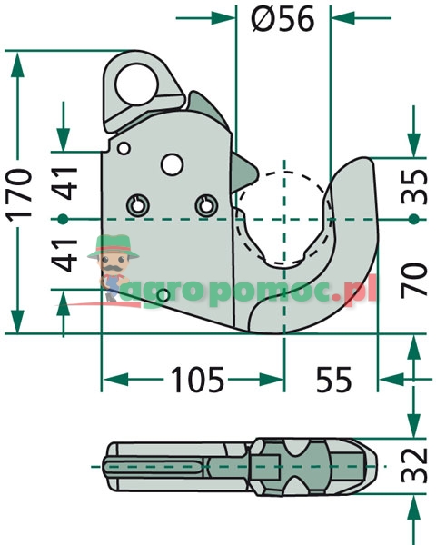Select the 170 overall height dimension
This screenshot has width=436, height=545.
[19, 193]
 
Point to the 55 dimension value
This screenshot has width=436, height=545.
[335, 380]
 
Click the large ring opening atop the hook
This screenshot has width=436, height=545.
[137, 79]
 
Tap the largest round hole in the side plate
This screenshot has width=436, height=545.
[171, 163]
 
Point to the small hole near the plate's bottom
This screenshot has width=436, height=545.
[162, 296]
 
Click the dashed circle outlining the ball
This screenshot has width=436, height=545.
[284, 173]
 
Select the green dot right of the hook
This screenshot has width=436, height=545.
[413, 219]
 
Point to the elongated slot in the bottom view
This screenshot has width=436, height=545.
[154, 467]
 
